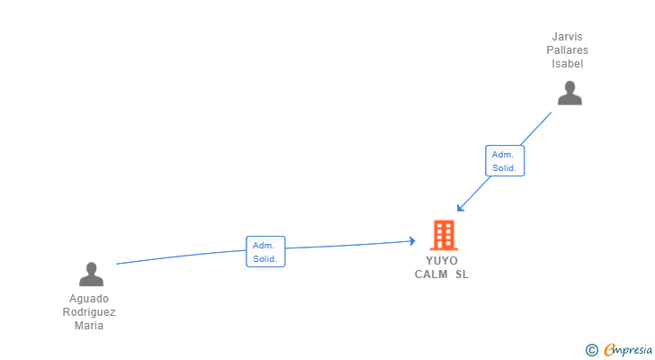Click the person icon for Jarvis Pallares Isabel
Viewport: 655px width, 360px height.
pyautogui.click(x=569, y=94)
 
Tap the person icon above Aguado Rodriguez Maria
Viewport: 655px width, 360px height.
pyautogui.click(x=91, y=274)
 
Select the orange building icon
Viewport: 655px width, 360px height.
pyautogui.click(x=444, y=235)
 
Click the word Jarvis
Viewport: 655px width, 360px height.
pyautogui.click(x=568, y=38)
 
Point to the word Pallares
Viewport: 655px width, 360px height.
pyautogui.click(x=568, y=51)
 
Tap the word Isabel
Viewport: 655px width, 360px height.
pyautogui.click(x=568, y=64)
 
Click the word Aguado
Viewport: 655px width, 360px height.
pyautogui.click(x=89, y=299)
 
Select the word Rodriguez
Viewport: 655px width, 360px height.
pyautogui.click(x=89, y=312)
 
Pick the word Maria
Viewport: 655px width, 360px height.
pyautogui.click(x=89, y=326)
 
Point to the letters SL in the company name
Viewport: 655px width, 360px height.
pyautogui.click(x=462, y=274)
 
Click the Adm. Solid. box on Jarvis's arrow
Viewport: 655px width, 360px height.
pyautogui.click(x=504, y=161)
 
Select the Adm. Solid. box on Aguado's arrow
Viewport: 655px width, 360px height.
pyautogui.click(x=265, y=251)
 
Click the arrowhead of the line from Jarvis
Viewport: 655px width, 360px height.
pyautogui.click(x=459, y=209)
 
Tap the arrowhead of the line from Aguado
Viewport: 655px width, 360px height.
pyautogui.click(x=412, y=240)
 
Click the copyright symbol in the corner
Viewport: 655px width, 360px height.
pyautogui.click(x=591, y=350)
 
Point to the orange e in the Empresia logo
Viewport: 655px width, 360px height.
pyautogui.click(x=609, y=350)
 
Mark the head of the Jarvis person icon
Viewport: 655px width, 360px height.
pyautogui.click(x=569, y=87)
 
